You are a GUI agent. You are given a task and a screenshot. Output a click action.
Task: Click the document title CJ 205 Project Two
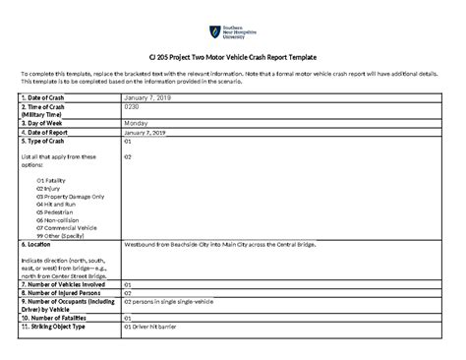pyautogui.click(x=233, y=59)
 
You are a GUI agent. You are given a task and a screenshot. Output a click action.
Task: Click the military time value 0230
pyautogui.click(x=133, y=107)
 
